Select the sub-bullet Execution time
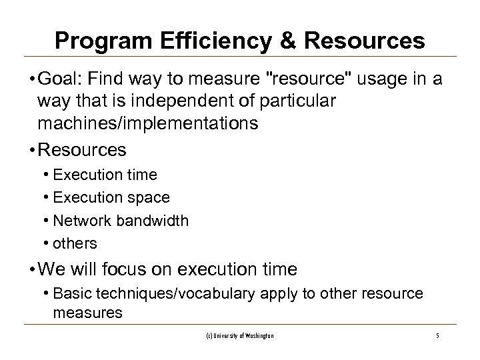coord(105,175)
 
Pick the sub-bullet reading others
coord(75,243)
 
